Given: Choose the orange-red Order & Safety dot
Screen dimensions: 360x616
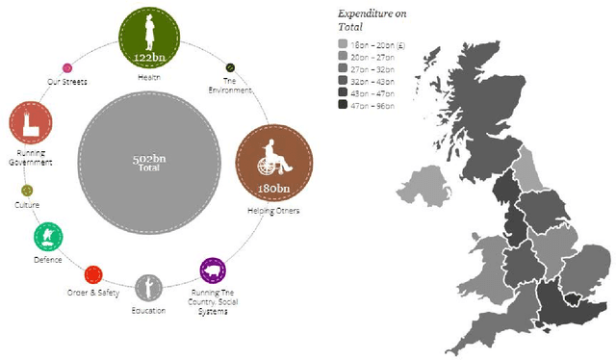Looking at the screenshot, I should pyautogui.click(x=93, y=274).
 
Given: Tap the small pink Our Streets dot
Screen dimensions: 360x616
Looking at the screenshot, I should pyautogui.click(x=66, y=68).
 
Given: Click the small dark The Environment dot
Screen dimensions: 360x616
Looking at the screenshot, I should pyautogui.click(x=230, y=68).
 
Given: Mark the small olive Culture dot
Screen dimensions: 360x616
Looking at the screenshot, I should pyautogui.click(x=27, y=190).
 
